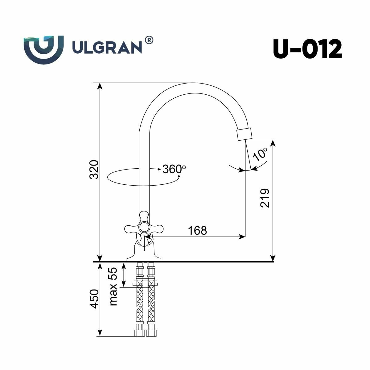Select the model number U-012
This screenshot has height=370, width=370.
pyautogui.click(x=307, y=49)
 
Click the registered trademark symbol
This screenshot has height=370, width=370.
pyautogui.click(x=149, y=40)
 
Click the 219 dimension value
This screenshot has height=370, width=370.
pyautogui.click(x=265, y=198)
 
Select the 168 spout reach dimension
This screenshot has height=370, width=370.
pyautogui.click(x=197, y=230)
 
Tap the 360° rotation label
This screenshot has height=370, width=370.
pyautogui.click(x=174, y=169)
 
